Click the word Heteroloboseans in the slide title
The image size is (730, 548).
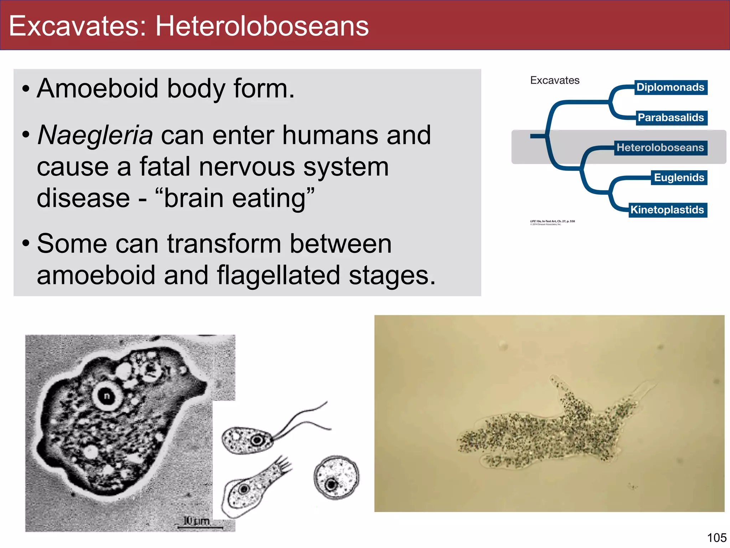(262, 26)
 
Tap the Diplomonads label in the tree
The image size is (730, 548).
(670, 87)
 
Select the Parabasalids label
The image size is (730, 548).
(670, 118)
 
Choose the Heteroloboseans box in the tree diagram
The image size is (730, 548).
(660, 148)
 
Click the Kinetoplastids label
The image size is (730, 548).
(667, 210)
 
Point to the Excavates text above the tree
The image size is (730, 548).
(555, 80)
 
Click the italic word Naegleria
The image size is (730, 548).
(95, 136)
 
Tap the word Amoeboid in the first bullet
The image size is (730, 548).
(97, 88)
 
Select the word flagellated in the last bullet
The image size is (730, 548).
(278, 275)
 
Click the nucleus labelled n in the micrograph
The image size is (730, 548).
(107, 396)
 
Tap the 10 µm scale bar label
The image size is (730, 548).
(196, 521)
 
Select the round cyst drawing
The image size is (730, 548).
(336, 477)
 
